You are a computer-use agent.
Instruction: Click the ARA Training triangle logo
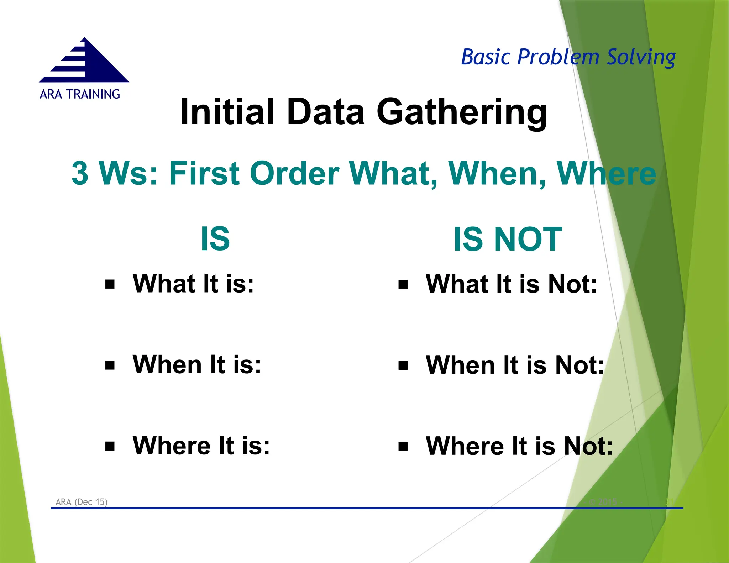coord(84,61)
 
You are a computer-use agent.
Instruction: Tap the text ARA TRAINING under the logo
coord(80,94)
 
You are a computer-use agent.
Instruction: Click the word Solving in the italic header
coord(641,58)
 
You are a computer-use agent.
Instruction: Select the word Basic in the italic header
coord(486,57)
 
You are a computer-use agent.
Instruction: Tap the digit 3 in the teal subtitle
coord(80,173)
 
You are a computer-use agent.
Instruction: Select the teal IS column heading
coord(215,239)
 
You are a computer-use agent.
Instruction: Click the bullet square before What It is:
coord(110,284)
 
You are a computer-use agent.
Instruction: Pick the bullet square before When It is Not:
coord(403,365)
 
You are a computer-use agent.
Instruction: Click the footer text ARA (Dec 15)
coord(81,502)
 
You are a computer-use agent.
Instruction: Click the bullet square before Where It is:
coord(110,446)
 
